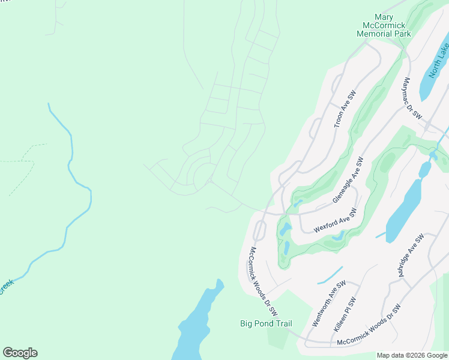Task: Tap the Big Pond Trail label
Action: pyautogui.click(x=266, y=324)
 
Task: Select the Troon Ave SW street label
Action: pyautogui.click(x=345, y=110)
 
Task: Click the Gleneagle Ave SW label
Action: pyautogui.click(x=349, y=181)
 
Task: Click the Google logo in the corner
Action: pyautogui.click(x=20, y=353)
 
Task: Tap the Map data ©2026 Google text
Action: pyautogui.click(x=412, y=355)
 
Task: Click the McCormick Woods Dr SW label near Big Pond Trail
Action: pyautogui.click(x=263, y=281)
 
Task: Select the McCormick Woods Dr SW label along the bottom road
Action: pyautogui.click(x=369, y=325)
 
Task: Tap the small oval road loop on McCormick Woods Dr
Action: pyautogui.click(x=260, y=230)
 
